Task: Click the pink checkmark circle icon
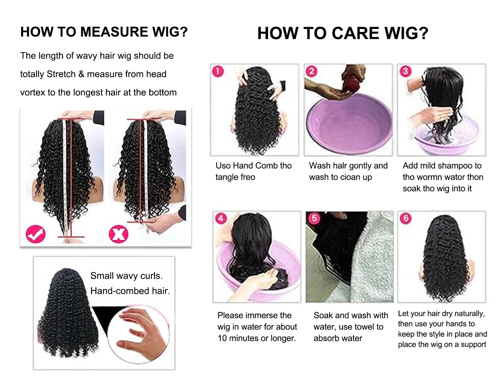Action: tap(36, 234)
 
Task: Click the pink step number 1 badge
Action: tap(218, 71)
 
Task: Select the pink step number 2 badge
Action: tap(311, 71)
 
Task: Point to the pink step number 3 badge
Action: tap(405, 71)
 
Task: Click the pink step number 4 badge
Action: tap(220, 218)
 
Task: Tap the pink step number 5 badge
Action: tap(314, 218)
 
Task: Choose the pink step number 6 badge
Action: tap(405, 218)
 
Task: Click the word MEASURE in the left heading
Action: tap(113, 32)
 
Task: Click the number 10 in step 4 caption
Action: tap(222, 338)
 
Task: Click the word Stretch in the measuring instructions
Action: tap(61, 74)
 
